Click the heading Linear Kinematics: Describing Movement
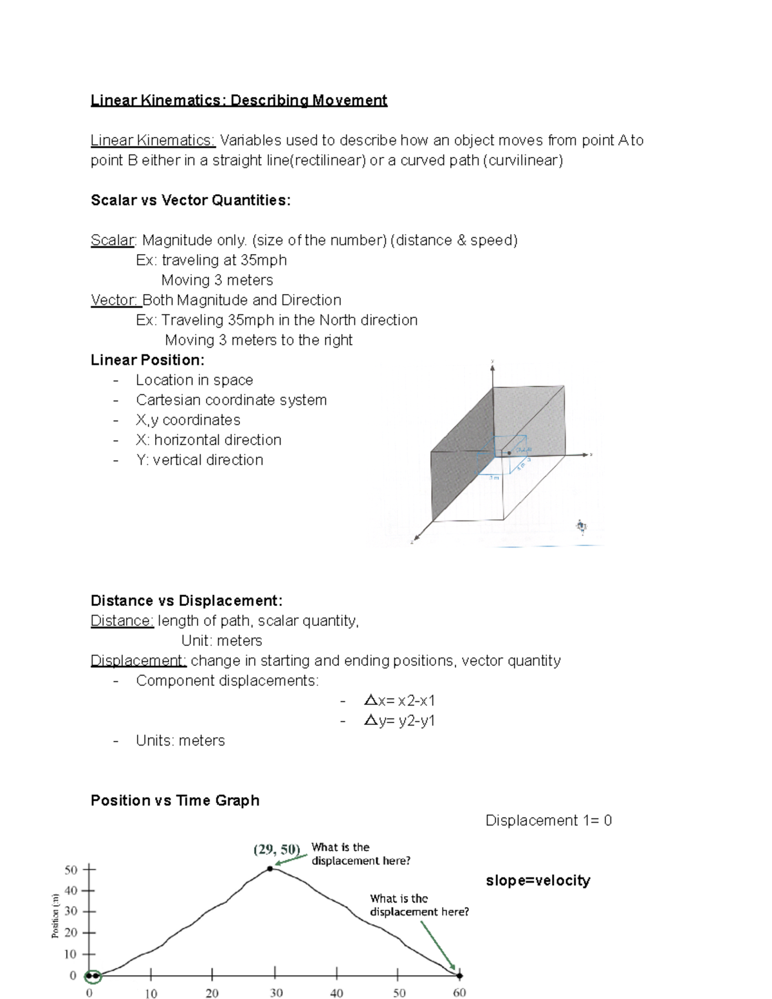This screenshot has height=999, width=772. pos(239,100)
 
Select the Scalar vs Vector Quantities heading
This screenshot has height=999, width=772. pos(190,201)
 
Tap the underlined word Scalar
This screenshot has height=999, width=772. pos(113,241)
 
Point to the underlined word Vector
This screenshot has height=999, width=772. pos(115,300)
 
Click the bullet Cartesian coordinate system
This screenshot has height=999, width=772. pos(231,400)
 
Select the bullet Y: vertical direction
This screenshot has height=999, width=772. pos(199,460)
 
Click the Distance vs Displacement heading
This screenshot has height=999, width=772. pos(187,601)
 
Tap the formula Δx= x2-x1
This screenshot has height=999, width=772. pos(399,701)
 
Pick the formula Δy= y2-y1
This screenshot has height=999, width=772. pos(399,720)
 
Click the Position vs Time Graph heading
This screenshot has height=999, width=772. pos(175,801)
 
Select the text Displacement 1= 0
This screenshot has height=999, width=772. pos(548,821)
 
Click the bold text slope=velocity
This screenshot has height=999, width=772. pos(538,881)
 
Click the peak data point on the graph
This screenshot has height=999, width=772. pos(270,868)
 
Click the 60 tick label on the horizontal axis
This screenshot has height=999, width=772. pos(459,993)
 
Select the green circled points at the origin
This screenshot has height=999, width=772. pos(93,976)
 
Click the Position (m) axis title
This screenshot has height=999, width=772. pos(55,916)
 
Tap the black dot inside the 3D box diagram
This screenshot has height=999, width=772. pos(510,453)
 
